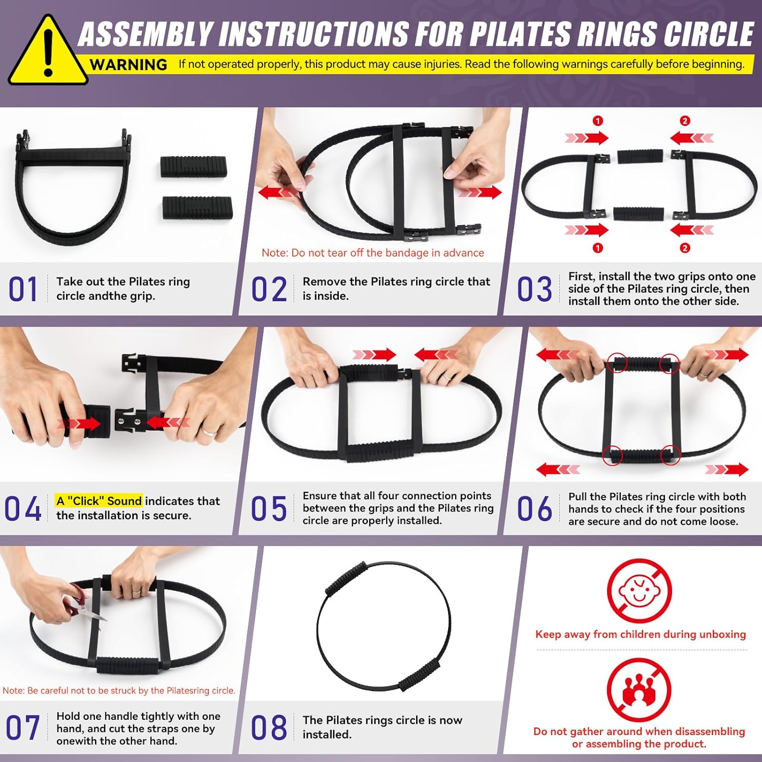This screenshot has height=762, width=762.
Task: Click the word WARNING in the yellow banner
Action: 128,65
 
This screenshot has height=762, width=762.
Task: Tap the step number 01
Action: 23,289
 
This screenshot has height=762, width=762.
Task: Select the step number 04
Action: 23,509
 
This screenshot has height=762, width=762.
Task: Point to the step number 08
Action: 269,727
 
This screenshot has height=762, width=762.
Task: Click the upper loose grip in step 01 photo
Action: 193,167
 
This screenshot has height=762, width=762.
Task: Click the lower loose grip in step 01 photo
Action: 197,208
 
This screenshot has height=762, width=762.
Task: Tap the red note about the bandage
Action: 372,253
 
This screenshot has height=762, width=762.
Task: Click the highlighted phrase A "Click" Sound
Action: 99,501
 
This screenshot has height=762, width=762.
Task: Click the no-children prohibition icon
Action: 639,591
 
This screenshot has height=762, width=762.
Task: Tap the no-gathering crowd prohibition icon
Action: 639,690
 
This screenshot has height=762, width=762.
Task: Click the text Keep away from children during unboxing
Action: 640,634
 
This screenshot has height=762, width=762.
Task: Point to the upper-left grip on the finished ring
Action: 345,579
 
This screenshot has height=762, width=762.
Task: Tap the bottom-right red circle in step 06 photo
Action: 670,455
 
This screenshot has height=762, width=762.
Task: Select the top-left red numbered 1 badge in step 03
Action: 598,121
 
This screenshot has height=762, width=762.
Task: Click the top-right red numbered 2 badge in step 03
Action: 685,121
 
